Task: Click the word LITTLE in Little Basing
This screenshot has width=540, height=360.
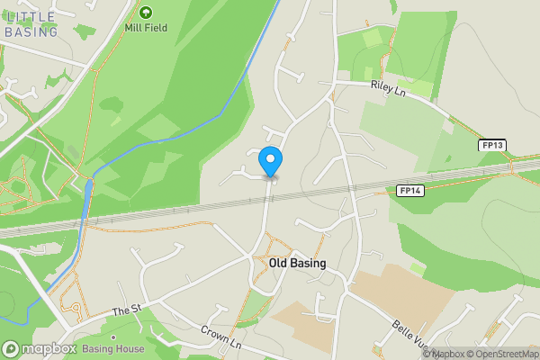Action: (x=30, y=17)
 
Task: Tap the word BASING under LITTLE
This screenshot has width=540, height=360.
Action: (x=31, y=32)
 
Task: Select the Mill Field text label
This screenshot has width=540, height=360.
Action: (x=146, y=28)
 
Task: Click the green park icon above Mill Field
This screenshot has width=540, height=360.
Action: (x=146, y=13)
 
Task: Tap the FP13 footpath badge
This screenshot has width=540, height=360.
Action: (x=491, y=145)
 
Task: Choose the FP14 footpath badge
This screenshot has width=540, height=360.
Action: (x=409, y=191)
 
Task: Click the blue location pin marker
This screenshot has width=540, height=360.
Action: (x=270, y=161)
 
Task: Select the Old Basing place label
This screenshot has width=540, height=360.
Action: (x=297, y=264)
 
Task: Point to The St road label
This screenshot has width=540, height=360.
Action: (x=127, y=311)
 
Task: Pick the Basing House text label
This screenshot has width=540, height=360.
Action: (x=112, y=349)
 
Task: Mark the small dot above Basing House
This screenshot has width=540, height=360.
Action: (x=112, y=337)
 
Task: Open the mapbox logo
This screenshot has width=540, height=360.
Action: (x=39, y=348)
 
